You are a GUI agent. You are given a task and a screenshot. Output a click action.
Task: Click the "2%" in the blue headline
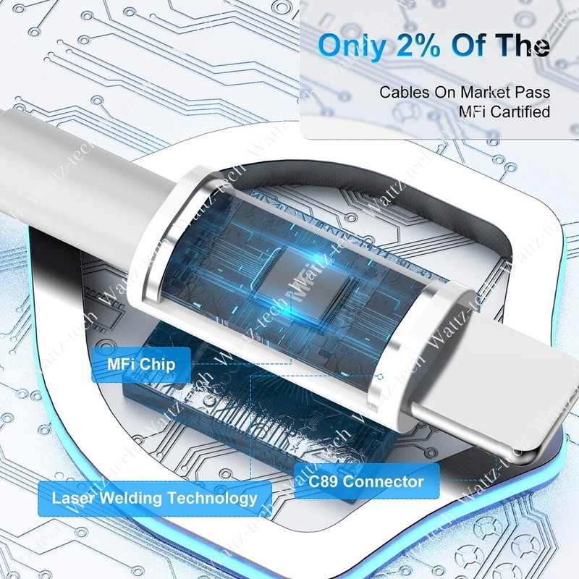pyautogui.click(x=418, y=45)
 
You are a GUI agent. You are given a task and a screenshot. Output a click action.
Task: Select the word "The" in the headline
pyautogui.click(x=522, y=45)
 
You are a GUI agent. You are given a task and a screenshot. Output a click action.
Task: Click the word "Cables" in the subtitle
pyautogui.click(x=405, y=92)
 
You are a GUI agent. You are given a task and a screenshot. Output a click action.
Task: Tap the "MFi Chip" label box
pyautogui.click(x=141, y=365)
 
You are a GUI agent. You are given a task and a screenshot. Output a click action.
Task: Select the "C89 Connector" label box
pyautogui.click(x=366, y=481)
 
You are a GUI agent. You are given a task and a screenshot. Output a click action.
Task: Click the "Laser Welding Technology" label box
pyautogui.click(x=155, y=499)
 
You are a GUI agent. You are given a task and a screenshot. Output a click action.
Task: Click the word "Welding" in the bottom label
pyautogui.click(x=131, y=498)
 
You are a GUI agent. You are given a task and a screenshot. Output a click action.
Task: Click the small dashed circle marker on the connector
pyautogui.click(x=381, y=376)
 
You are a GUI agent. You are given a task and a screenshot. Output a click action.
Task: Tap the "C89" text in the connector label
pyautogui.click(x=322, y=481)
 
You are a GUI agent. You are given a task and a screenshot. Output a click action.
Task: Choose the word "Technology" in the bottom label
pyautogui.click(x=212, y=499)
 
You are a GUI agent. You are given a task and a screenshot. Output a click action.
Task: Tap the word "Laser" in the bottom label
pyautogui.click(x=74, y=498)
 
